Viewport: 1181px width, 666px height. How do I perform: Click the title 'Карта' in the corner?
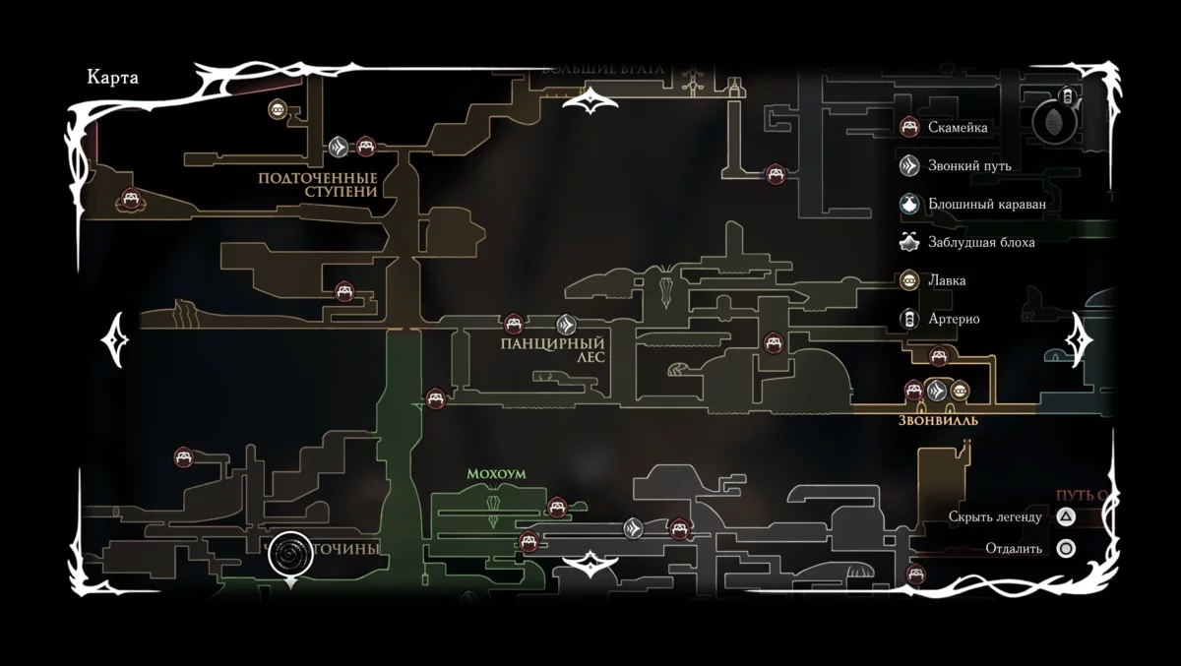tap(112, 79)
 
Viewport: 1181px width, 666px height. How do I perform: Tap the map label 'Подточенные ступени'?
tap(318, 185)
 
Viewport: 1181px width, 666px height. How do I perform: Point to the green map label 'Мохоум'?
tap(496, 474)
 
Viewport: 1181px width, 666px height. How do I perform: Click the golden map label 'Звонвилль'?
tap(938, 420)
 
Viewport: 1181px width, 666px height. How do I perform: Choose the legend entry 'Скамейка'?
tap(957, 127)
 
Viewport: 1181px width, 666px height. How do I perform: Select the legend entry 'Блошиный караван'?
tap(986, 204)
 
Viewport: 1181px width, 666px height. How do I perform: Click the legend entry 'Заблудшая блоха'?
tap(981, 242)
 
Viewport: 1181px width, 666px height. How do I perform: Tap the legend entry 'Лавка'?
tap(946, 280)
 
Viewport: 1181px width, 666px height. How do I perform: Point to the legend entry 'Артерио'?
tap(953, 319)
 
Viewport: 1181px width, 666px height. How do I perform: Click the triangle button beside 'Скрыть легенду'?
tap(1066, 516)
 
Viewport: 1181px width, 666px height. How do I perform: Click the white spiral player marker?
tap(290, 555)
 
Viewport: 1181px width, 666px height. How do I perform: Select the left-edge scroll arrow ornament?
tap(115, 339)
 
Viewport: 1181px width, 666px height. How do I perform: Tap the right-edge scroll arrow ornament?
tap(1080, 340)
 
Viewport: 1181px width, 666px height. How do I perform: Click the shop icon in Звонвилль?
tap(960, 391)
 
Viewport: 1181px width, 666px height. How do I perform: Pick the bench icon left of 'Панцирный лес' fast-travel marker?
tap(513, 324)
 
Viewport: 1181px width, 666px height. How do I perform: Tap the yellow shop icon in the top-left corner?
tap(278, 110)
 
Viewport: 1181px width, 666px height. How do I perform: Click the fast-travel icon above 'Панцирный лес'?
tap(566, 324)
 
